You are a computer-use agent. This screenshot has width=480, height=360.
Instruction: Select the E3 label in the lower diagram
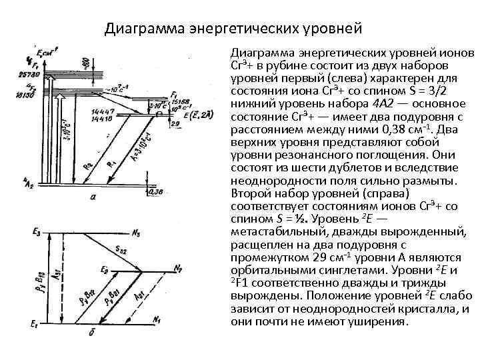click(36, 232)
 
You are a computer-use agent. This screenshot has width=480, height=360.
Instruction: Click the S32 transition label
click(121, 250)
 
